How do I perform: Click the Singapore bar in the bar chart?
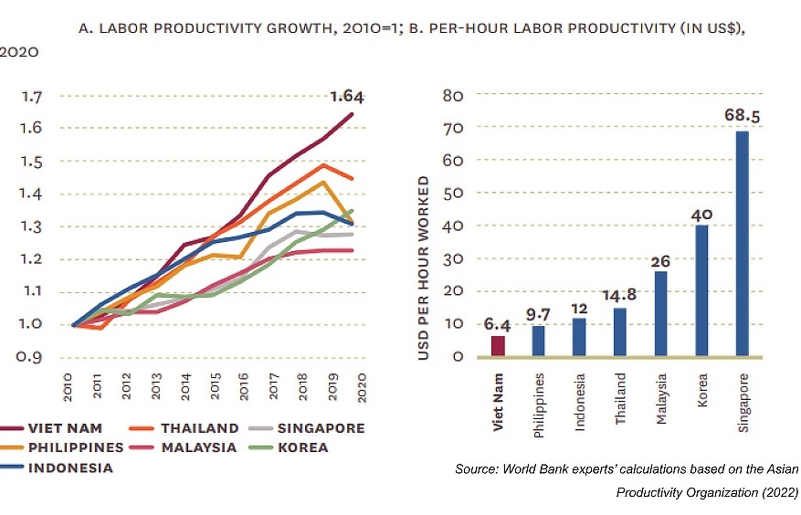[x=743, y=244]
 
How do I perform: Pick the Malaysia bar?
[x=660, y=313]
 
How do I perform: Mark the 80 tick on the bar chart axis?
[x=452, y=95]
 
